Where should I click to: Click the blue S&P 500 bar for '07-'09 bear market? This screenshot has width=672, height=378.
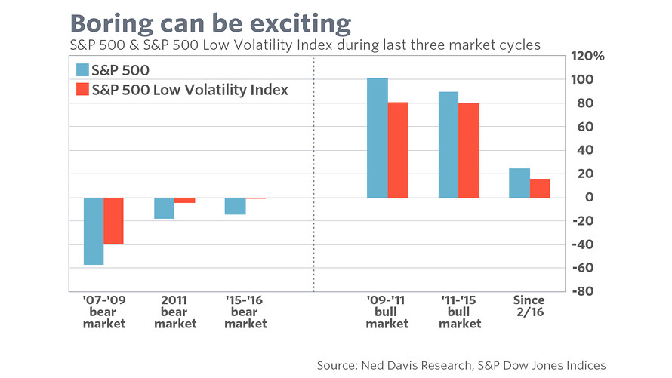94,231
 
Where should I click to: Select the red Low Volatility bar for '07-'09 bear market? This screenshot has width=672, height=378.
113,220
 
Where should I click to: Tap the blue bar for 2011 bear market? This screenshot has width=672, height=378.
165,208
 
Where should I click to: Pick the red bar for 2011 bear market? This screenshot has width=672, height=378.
185,201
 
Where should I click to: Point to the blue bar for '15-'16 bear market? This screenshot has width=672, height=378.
235,206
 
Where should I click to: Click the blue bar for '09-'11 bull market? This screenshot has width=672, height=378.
377,138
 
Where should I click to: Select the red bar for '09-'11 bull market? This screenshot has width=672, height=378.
397,149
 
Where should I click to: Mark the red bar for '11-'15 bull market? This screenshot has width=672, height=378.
469,150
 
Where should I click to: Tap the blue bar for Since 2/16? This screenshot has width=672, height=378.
519,183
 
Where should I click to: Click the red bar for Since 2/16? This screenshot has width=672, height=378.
540,189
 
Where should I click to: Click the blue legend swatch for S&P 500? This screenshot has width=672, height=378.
83,71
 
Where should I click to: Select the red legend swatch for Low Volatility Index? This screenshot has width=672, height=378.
83,91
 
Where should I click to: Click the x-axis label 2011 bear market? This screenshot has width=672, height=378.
174,312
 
